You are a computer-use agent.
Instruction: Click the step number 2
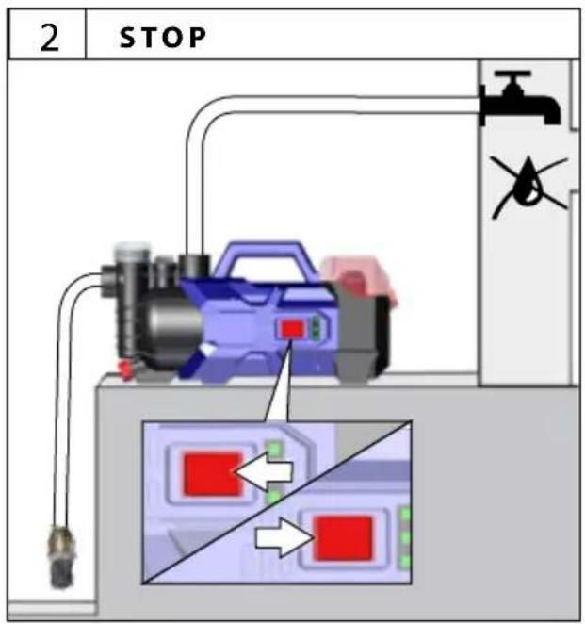(x=49, y=38)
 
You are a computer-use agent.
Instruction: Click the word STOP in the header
(x=163, y=38)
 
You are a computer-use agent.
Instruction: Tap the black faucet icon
(x=520, y=97)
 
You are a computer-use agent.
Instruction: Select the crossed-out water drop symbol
(x=528, y=186)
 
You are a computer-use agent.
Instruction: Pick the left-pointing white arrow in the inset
(x=264, y=471)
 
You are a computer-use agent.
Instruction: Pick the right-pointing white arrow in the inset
(x=284, y=537)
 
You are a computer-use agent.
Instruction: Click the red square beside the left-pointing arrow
(x=212, y=474)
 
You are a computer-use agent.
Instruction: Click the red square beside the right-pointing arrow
(x=343, y=538)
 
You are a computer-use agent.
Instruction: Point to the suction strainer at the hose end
(x=61, y=557)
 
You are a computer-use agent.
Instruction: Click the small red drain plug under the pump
(x=125, y=369)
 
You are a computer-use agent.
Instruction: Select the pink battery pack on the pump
(x=358, y=279)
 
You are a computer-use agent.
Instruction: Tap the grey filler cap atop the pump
(x=133, y=252)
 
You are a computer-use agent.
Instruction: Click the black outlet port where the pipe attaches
(x=194, y=266)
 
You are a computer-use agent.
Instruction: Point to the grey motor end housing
(x=360, y=338)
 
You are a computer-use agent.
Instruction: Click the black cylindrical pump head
(x=171, y=326)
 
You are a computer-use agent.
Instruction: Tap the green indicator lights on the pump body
(x=316, y=327)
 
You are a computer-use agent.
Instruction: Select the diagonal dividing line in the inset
(x=277, y=502)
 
